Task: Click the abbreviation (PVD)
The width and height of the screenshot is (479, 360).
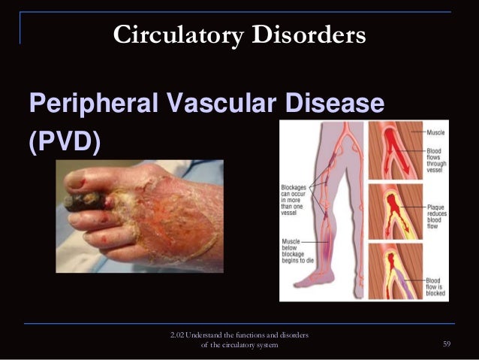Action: click(64, 141)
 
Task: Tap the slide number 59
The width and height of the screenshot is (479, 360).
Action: click(447, 344)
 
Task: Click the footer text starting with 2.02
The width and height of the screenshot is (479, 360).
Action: click(240, 339)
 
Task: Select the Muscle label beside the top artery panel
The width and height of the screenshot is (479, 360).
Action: click(435, 132)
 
